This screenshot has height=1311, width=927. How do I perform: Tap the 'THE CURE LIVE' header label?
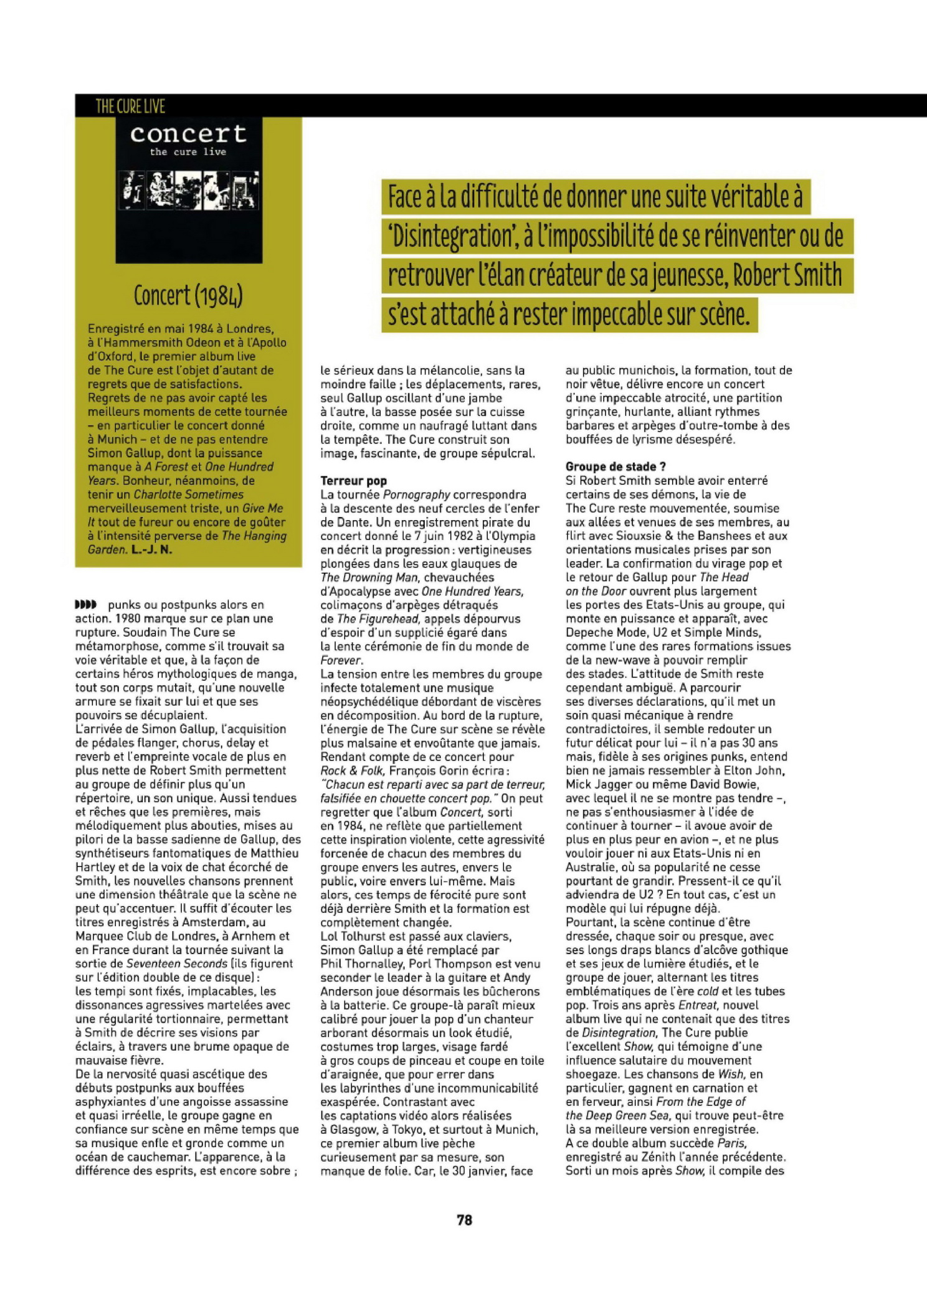pyautogui.click(x=130, y=106)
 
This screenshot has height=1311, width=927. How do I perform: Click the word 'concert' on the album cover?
pyautogui.click(x=188, y=133)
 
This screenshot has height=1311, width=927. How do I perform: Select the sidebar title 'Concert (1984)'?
pyautogui.click(x=188, y=295)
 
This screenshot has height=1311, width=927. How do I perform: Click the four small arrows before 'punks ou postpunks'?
pyautogui.click(x=86, y=604)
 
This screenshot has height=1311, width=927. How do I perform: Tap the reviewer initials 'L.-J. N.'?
pyautogui.click(x=151, y=549)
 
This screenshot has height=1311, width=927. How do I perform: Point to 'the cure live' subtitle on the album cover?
pyautogui.click(x=188, y=152)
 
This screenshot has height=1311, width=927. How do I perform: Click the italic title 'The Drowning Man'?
pyautogui.click(x=369, y=577)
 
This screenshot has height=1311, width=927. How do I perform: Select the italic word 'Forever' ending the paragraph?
pyautogui.click(x=340, y=660)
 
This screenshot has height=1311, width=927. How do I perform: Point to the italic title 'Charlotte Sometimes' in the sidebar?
pyautogui.click(x=188, y=495)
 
